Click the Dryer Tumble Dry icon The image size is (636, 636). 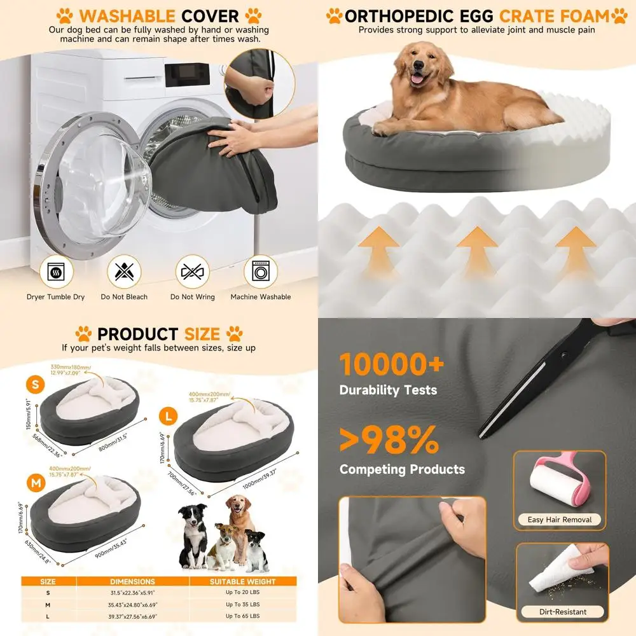[x=56, y=272]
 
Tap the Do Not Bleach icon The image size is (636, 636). [x=124, y=272]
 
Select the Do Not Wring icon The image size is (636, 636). [x=192, y=272]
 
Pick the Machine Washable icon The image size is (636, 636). [x=260, y=272]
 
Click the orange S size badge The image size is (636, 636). [x=35, y=384]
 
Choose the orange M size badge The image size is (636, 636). [x=34, y=485]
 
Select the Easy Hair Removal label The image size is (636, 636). [x=560, y=520]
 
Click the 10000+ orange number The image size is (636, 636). [x=391, y=364]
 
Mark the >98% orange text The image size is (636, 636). [x=389, y=439]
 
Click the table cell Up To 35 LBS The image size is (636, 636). [x=242, y=604]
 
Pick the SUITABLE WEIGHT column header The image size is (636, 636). [x=242, y=581]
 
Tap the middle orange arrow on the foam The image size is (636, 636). [x=477, y=245]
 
